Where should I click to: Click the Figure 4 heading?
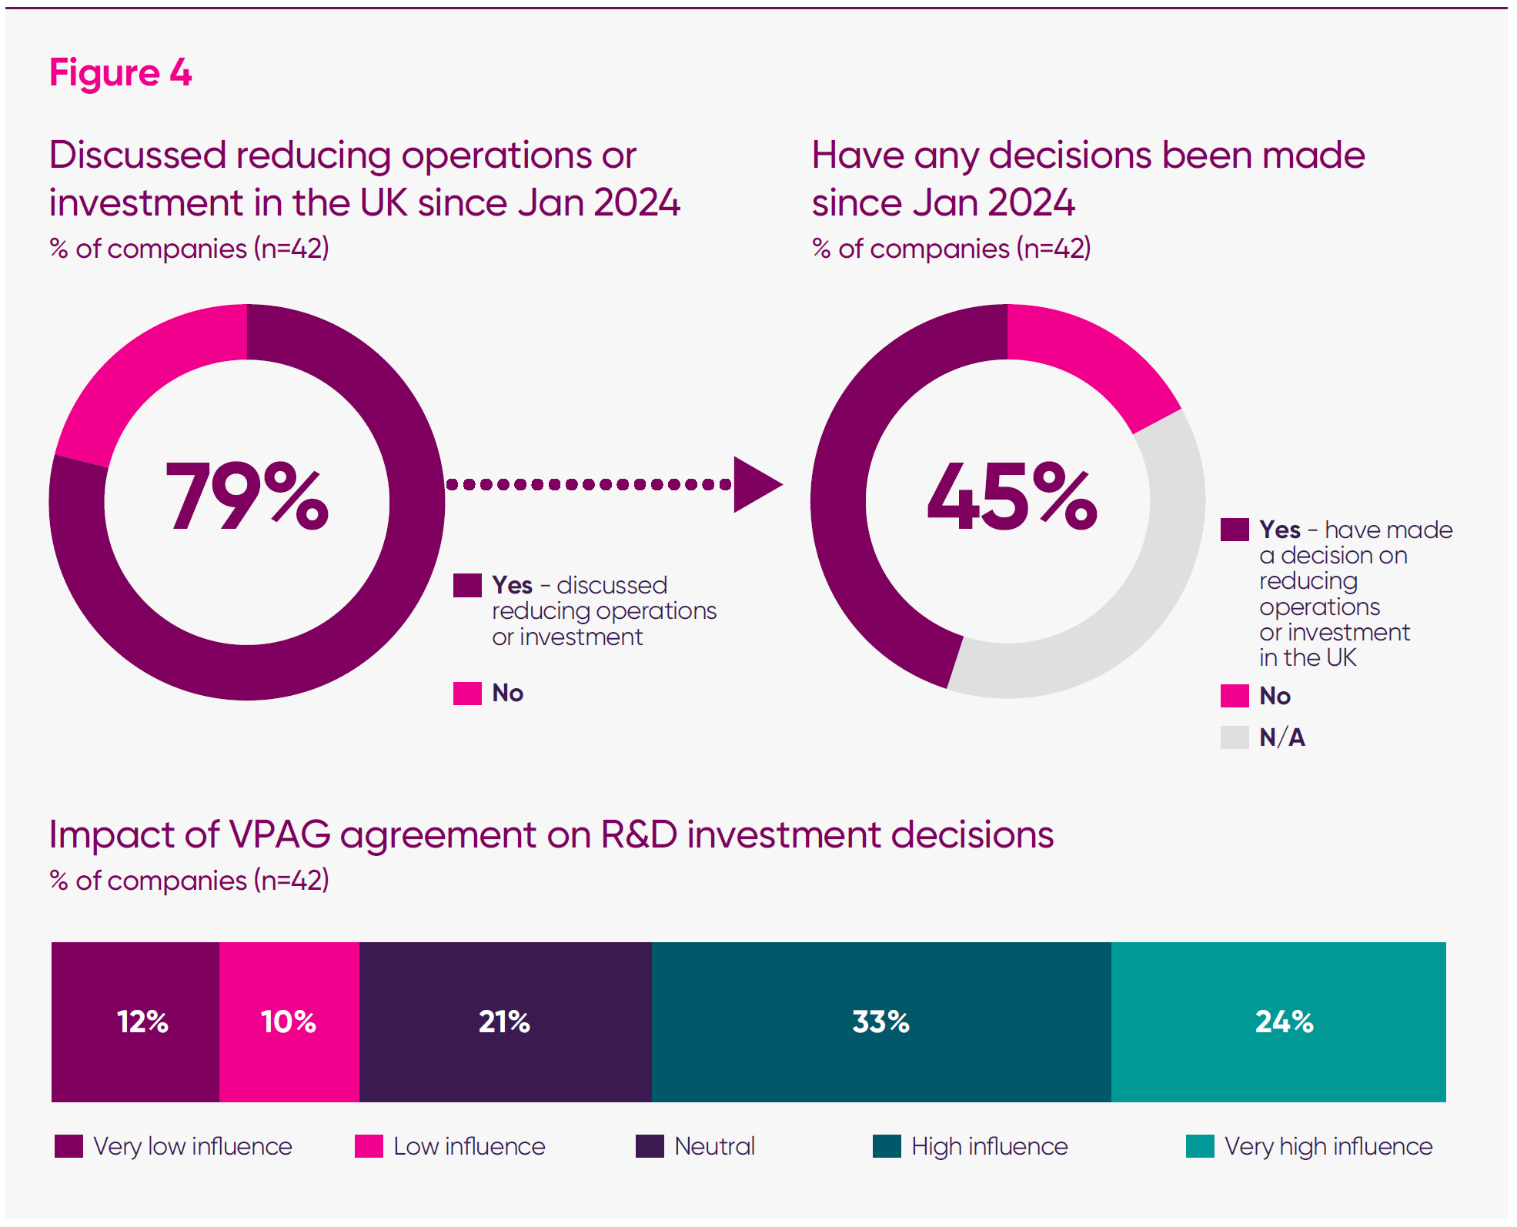120,73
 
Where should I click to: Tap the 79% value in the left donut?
247,496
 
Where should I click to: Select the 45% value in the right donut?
1011,496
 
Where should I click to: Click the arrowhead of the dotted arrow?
755,484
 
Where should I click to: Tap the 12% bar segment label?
142,1021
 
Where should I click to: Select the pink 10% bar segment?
289,1021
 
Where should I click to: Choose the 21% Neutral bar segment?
504,1021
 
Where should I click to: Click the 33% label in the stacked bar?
880,1021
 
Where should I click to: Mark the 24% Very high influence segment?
1284,1021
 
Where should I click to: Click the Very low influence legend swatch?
68,1146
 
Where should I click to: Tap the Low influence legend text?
469,1146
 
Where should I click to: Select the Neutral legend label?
714,1146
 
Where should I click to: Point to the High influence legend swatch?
887,1146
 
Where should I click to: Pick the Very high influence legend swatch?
1200,1146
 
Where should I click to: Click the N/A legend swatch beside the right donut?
1235,737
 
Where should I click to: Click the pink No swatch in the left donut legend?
467,693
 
